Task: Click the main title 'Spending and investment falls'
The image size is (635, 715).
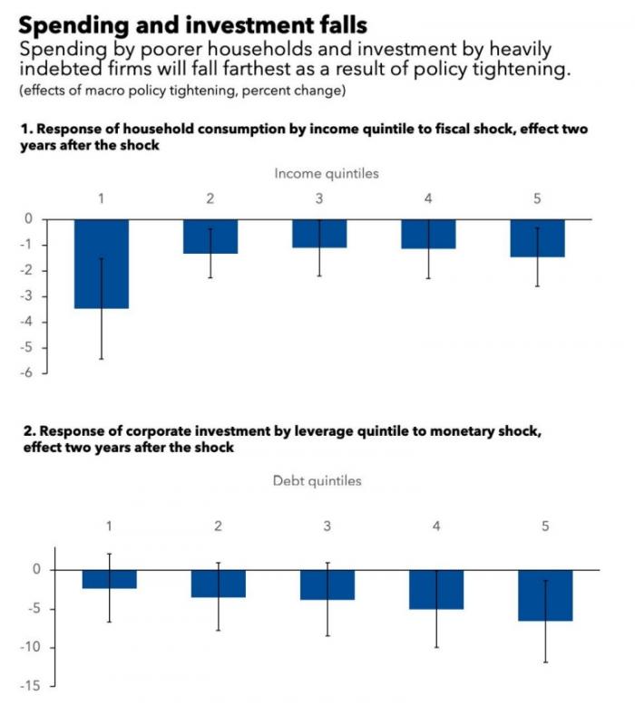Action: [192, 25]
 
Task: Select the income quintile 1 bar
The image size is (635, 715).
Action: [102, 264]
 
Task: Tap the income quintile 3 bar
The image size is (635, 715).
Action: [319, 234]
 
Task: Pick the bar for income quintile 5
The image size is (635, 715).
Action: [537, 238]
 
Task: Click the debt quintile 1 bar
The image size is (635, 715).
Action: [110, 579]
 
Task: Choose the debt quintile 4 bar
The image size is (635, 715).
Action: [436, 590]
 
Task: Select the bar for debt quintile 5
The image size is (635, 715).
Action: [545, 595]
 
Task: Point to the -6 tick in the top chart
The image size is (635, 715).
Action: [26, 373]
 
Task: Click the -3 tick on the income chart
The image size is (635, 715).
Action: [26, 296]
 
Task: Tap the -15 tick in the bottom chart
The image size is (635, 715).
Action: [30, 686]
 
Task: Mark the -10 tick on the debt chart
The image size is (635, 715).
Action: [30, 647]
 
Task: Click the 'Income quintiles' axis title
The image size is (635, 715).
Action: [327, 174]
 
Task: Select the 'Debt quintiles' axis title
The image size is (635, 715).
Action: [317, 480]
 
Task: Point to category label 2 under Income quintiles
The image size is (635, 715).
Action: [210, 198]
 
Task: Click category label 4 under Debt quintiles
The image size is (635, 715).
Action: [436, 527]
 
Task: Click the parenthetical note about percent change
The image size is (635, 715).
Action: [182, 91]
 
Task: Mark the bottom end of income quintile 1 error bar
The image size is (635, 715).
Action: [102, 360]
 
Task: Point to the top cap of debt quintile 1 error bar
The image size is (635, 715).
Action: [110, 554]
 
